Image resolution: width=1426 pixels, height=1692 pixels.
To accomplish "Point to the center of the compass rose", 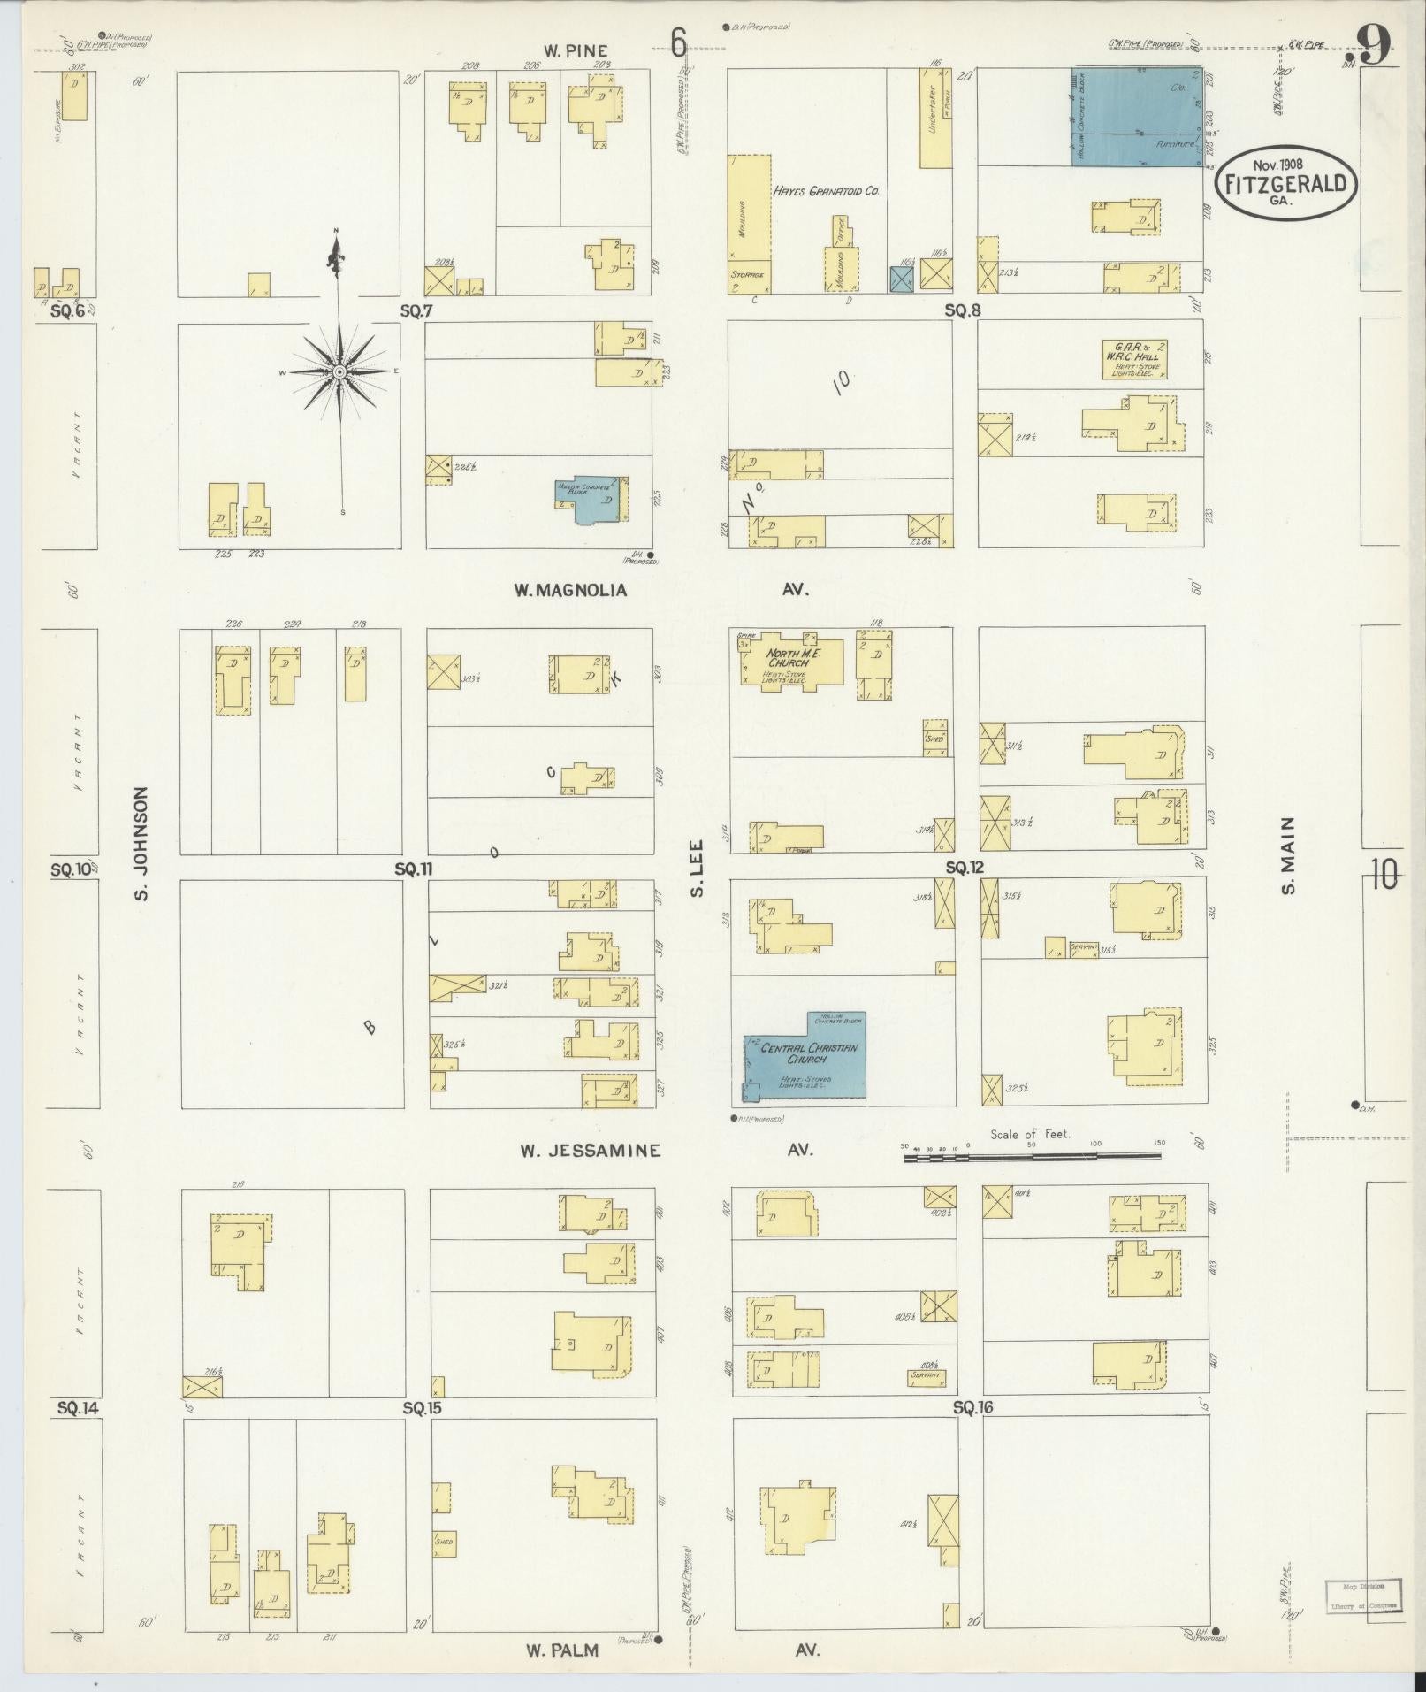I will pyautogui.click(x=339, y=373).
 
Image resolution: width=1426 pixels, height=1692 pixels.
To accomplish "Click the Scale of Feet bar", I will pyautogui.click(x=1033, y=1155).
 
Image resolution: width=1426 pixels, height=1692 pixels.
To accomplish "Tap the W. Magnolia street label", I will pyautogui.click(x=570, y=590).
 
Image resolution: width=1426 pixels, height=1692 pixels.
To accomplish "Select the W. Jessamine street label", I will pyautogui.click(x=590, y=1151).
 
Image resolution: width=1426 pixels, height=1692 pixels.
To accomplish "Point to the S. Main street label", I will pyautogui.click(x=1288, y=855).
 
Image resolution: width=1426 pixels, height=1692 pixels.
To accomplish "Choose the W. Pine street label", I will pyautogui.click(x=576, y=51).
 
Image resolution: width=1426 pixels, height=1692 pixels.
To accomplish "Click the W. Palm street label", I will pyautogui.click(x=562, y=1650).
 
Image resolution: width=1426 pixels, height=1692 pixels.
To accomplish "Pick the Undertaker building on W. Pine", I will pyautogui.click(x=935, y=119).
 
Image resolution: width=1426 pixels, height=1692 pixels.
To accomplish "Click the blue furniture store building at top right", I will pyautogui.click(x=1139, y=118).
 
